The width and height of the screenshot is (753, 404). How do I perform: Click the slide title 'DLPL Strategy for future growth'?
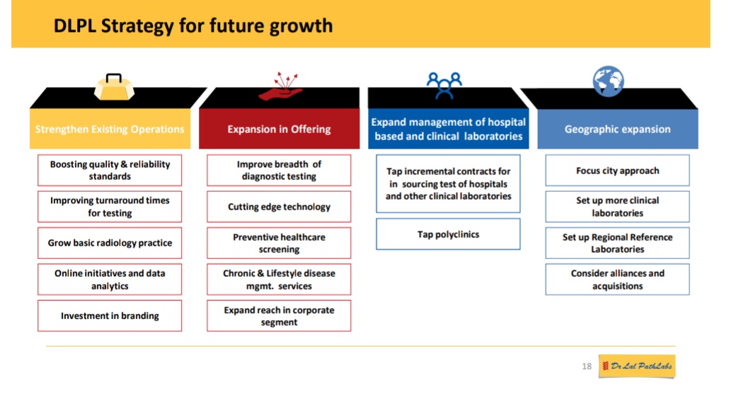point(193,26)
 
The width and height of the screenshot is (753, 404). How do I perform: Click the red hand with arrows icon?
point(280,87)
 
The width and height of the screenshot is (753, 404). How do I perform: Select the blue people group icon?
point(444,85)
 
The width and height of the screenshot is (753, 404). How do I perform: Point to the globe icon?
point(609,81)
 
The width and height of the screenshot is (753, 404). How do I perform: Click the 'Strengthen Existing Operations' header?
point(110,129)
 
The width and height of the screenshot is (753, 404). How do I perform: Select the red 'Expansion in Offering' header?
point(279,129)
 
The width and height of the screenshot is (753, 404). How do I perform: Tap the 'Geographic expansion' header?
point(617,129)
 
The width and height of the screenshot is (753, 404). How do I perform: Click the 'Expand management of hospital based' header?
point(448,129)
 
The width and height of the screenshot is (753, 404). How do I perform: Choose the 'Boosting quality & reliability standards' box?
point(110,171)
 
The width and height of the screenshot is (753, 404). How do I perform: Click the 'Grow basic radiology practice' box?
point(110,243)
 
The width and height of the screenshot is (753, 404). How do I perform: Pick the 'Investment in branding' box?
point(110,316)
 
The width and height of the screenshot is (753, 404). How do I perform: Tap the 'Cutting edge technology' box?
point(279,207)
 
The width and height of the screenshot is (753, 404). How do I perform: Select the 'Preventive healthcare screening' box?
point(279,243)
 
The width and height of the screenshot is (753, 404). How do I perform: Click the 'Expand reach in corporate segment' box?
point(279,316)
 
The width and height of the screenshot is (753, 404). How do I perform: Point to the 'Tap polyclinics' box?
point(448,234)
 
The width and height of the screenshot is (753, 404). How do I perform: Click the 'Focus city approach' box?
point(617,171)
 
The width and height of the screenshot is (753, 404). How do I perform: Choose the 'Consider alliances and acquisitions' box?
point(617,279)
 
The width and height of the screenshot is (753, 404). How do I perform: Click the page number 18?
point(587,367)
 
